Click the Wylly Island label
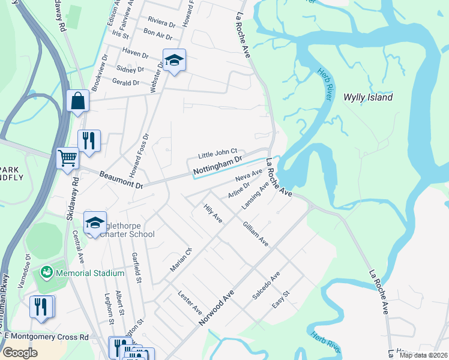tap(367, 97)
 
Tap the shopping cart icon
tap(67, 158)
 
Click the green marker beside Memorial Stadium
tap(46, 273)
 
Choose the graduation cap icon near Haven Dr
tap(174, 60)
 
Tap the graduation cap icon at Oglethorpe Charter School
tap(95, 223)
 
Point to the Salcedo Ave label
tap(266, 286)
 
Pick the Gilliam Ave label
tap(255, 234)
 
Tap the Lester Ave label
tap(190, 303)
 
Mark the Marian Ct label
tap(180, 259)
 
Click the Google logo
tap(20, 353)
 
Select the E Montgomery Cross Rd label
tap(44, 338)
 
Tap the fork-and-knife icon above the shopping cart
tap(89, 140)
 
